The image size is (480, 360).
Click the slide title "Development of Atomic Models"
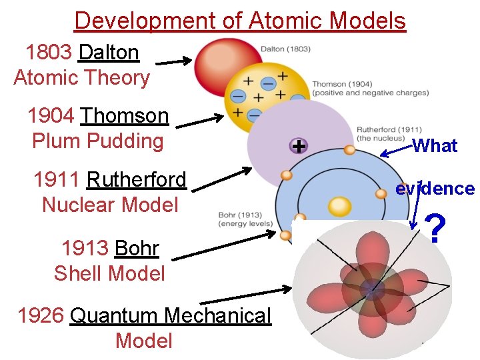240,21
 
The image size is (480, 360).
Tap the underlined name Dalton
109,52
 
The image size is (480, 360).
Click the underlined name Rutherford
136,180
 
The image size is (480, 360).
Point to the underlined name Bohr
137,249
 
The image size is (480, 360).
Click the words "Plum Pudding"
97,141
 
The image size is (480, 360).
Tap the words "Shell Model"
109,273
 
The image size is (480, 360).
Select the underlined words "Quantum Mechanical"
171,315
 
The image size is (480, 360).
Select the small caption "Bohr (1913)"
240,215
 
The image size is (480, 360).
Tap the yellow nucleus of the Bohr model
339,206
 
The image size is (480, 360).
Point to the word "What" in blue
435,146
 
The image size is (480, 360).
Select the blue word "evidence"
435,189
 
